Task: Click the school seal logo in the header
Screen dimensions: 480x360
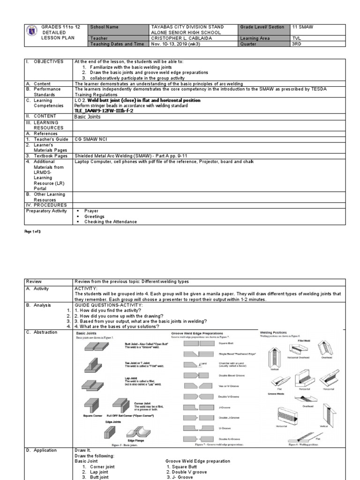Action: pos(31,30)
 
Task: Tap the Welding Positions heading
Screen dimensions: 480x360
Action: pos(277,332)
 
